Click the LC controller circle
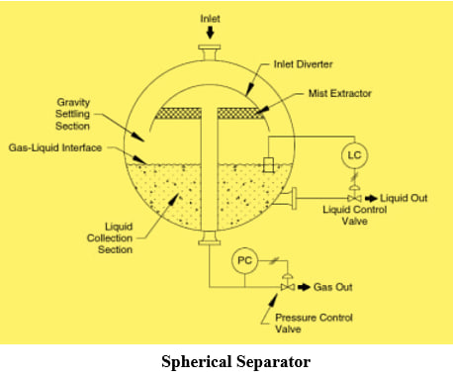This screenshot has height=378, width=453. tap(354, 155)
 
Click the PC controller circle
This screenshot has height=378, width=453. tap(244, 260)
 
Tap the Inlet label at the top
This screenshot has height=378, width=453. tap(210, 19)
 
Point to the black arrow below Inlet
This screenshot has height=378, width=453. tap(210, 33)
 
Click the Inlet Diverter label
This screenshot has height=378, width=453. tap(303, 64)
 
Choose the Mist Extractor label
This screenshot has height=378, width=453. tap(339, 93)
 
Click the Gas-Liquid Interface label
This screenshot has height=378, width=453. tap(55, 147)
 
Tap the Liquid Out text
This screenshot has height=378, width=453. tap(404, 198)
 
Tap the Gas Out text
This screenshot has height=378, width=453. tap(332, 287)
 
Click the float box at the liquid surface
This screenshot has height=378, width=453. tap(268, 164)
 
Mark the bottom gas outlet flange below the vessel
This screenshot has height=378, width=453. tap(210, 238)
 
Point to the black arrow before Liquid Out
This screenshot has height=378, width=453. tap(371, 198)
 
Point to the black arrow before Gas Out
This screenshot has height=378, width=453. tap(304, 287)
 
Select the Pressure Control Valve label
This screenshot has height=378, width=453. tap(314, 324)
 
